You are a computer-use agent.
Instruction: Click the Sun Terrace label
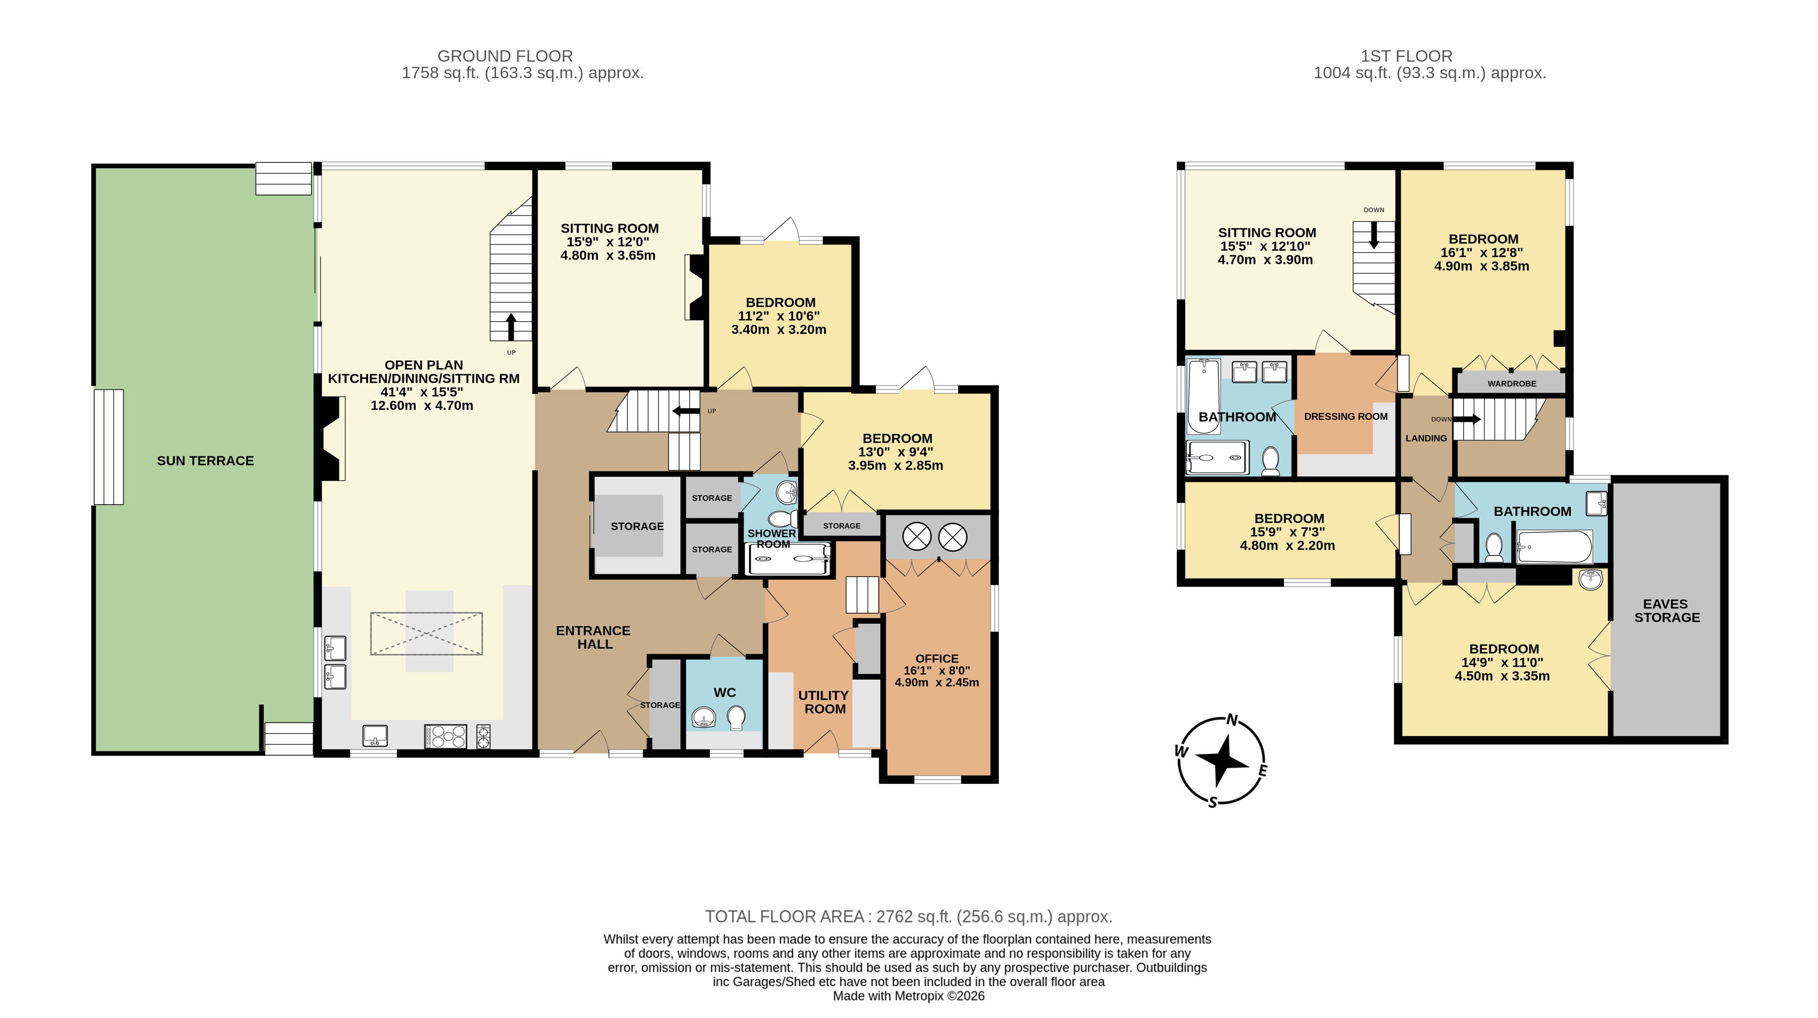(205, 461)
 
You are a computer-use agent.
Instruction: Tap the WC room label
(725, 693)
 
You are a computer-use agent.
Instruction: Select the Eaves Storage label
(1667, 610)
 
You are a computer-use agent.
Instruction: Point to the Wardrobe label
(1512, 384)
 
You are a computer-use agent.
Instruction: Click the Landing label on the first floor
(1426, 438)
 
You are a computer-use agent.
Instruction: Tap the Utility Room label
(824, 702)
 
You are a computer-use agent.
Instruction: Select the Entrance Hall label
(594, 637)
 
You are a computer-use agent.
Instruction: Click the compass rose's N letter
(1232, 720)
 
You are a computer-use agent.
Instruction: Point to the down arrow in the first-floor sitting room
(1373, 236)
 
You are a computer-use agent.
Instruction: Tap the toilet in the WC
(736, 718)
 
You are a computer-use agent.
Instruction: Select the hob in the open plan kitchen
(445, 737)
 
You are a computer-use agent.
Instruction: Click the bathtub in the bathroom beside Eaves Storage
(1555, 547)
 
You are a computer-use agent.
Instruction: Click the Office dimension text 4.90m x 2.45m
(937, 682)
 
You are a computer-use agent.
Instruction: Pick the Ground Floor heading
(505, 56)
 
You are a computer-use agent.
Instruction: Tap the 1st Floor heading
(1406, 56)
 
